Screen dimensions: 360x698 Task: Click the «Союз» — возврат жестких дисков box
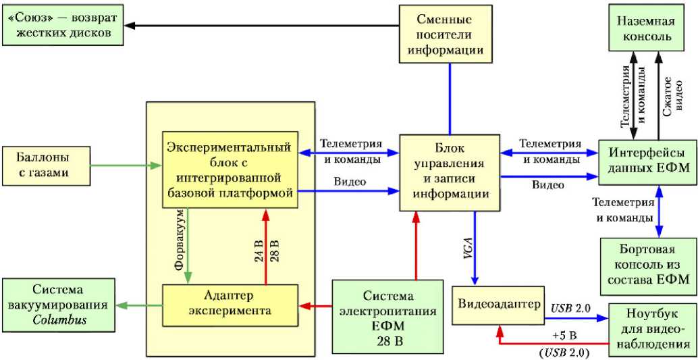coord(62,26)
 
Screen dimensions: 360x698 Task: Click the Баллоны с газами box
coord(45,166)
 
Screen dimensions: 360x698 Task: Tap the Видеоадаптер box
coord(499,304)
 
